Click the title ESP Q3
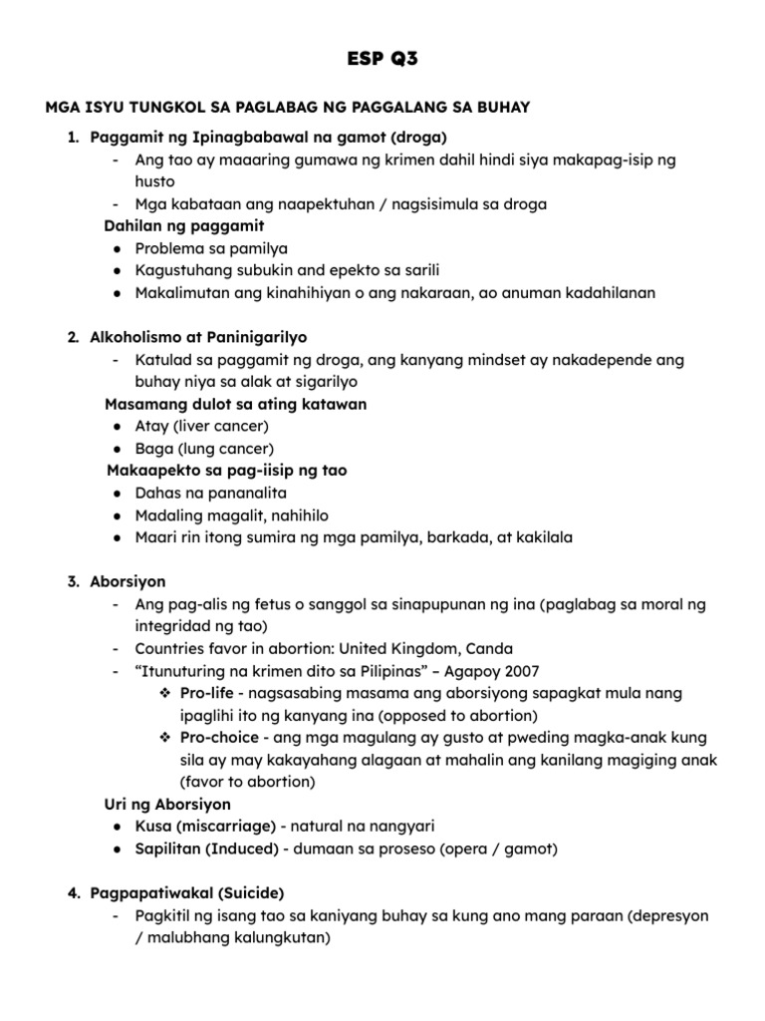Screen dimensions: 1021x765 (x=382, y=59)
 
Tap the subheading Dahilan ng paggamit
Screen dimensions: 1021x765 (x=184, y=225)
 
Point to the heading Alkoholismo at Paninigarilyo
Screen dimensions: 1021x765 (x=205, y=337)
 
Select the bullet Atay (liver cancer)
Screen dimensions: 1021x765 (x=188, y=426)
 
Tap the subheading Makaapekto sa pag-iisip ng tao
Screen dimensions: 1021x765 (x=227, y=470)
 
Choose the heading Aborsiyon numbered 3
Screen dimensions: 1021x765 (x=127, y=581)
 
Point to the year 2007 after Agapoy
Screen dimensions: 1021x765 (x=522, y=670)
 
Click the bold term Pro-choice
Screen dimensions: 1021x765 (x=219, y=737)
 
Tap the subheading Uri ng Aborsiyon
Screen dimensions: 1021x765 (x=167, y=804)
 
